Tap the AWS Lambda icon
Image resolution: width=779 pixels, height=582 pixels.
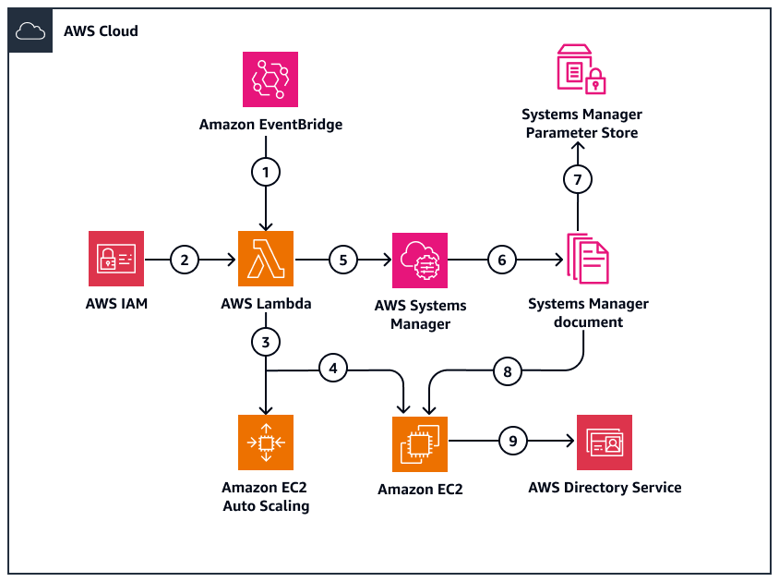click(x=266, y=259)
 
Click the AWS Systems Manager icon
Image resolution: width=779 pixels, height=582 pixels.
click(x=420, y=261)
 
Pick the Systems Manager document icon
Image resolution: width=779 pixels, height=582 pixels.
click(x=583, y=260)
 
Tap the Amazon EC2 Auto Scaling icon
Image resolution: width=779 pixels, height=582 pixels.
click(x=266, y=443)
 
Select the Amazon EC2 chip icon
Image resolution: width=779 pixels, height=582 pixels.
click(x=420, y=443)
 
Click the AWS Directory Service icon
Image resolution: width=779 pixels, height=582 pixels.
click(x=605, y=443)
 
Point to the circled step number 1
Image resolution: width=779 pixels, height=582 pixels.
click(x=266, y=172)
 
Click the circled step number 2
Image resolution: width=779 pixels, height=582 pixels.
click(x=185, y=261)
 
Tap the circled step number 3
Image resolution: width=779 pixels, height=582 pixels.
click(x=266, y=342)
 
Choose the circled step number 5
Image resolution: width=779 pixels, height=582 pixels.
click(x=343, y=261)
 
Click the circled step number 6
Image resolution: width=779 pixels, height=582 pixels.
click(x=502, y=261)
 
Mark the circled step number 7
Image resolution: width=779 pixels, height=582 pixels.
click(x=578, y=179)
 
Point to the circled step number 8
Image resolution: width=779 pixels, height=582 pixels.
click(x=507, y=370)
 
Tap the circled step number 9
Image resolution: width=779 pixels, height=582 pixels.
click(x=513, y=442)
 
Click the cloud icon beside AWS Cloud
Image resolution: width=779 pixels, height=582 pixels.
click(x=31, y=30)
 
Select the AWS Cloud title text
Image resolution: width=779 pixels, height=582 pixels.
click(x=101, y=30)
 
